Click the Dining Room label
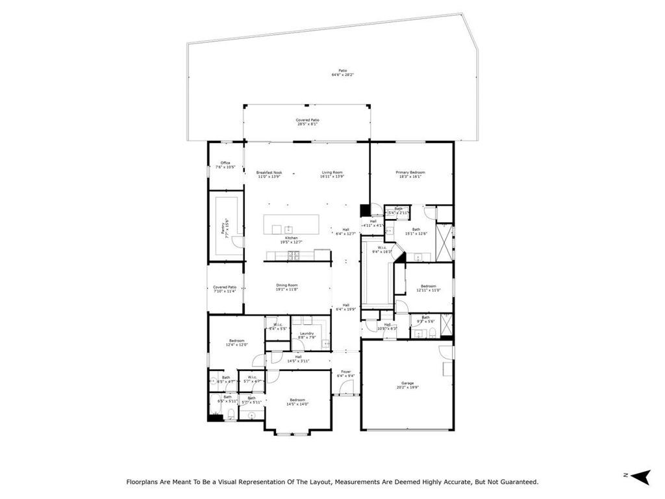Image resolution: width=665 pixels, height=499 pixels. pyautogui.click(x=287, y=287)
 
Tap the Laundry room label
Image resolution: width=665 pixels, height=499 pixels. pyautogui.click(x=307, y=335)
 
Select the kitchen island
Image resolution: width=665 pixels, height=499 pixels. pyautogui.click(x=292, y=225)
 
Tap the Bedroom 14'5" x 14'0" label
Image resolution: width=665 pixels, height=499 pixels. pyautogui.click(x=297, y=402)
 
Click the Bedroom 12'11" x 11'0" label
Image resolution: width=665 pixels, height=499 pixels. pyautogui.click(x=428, y=288)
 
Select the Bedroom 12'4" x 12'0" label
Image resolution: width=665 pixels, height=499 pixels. pyautogui.click(x=236, y=342)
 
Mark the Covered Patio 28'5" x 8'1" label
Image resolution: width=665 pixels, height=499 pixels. pyautogui.click(x=308, y=122)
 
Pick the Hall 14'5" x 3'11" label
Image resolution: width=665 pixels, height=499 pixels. pyautogui.click(x=298, y=358)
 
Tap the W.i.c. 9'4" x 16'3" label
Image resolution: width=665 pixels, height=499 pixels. pyautogui.click(x=381, y=250)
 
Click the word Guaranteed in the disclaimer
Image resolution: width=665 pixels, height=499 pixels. pyautogui.click(x=517, y=482)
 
